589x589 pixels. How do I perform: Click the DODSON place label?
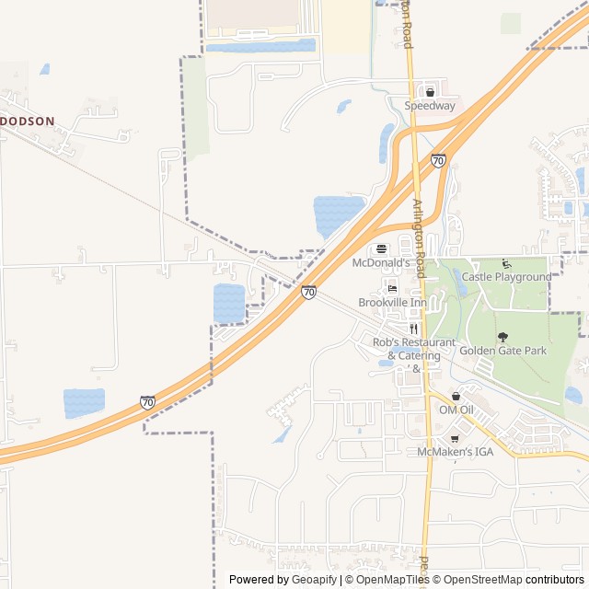coord(27,121)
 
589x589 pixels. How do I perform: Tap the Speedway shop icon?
coord(430,92)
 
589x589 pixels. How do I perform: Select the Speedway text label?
coord(430,106)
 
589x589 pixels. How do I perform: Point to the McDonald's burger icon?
coord(382,248)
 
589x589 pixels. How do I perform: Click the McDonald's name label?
coord(379,262)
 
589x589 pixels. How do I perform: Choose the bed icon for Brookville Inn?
coord(392,289)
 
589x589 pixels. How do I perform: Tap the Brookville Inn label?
coord(392,303)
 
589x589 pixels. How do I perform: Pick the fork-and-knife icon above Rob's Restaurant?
coord(413,329)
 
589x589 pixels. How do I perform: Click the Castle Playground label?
coord(506,277)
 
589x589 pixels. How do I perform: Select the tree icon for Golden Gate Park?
coord(502,337)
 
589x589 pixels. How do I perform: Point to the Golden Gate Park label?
coord(502,351)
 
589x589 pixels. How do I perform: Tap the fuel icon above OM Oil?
coord(456,396)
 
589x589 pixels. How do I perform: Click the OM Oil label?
coord(456,410)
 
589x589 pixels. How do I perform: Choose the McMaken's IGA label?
coord(455,452)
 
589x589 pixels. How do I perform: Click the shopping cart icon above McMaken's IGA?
coord(455,438)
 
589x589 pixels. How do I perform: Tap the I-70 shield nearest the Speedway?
coord(438,160)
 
